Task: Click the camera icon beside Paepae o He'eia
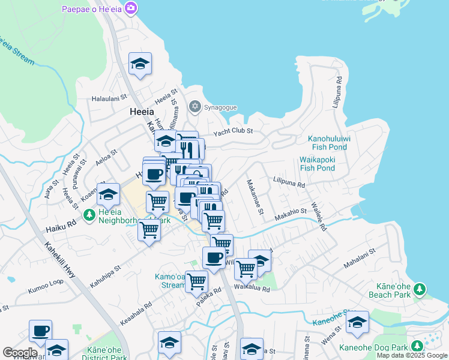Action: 131,9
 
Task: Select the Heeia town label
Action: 142,112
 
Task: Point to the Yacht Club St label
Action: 234,131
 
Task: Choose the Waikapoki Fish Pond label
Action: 317,164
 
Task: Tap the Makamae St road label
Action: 254,196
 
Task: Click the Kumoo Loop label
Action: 45,290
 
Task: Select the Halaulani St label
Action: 109,97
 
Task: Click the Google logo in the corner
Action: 20,353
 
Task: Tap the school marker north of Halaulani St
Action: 140,64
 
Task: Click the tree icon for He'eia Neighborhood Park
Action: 89,214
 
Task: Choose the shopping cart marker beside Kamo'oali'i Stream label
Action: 196,281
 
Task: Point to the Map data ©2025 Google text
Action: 412,355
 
